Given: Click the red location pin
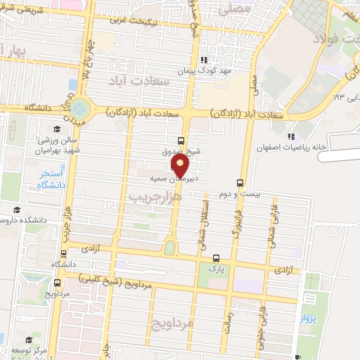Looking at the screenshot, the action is pyautogui.click(x=180, y=167).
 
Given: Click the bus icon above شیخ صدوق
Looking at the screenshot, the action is pyautogui.click(x=181, y=141).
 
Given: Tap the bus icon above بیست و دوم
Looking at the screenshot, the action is pyautogui.click(x=240, y=182).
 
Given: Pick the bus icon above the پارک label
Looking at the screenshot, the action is pyautogui.click(x=216, y=258).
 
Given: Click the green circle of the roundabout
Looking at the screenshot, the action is pyautogui.click(x=80, y=108).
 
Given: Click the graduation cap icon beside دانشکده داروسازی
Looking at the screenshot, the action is pyautogui.click(x=17, y=210).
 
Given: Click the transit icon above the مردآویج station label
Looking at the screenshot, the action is pyautogui.click(x=57, y=282).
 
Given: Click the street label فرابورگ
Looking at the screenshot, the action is pyautogui.click(x=236, y=219).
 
